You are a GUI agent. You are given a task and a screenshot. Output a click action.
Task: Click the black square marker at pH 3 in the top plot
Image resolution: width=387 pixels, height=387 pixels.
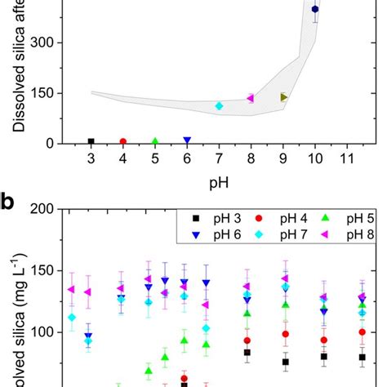click(x=91, y=142)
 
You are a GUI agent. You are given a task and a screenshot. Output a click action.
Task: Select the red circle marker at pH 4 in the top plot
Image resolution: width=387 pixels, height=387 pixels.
click(x=123, y=142)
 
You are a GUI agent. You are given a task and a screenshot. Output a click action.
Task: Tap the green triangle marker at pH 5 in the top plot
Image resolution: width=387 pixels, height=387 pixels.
click(x=155, y=142)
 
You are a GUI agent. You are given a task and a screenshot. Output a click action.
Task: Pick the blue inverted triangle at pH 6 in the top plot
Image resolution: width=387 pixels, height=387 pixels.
click(x=187, y=141)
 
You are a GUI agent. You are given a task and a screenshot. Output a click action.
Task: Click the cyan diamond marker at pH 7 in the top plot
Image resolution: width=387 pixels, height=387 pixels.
click(x=219, y=106)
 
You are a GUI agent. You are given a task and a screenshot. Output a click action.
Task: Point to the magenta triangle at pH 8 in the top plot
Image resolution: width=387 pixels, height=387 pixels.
click(x=251, y=98)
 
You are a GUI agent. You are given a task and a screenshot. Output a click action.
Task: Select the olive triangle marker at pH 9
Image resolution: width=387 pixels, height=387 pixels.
click(x=283, y=97)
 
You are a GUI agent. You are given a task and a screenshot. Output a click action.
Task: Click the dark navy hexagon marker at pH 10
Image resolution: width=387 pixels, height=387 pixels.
click(x=315, y=10)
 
